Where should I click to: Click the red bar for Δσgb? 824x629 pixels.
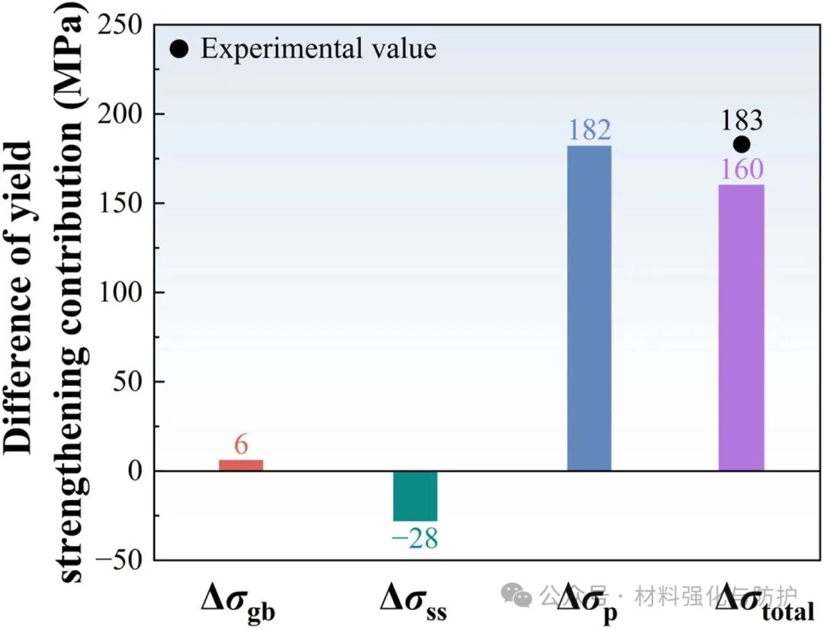[x=241, y=465]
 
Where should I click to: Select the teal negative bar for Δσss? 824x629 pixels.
[x=415, y=496]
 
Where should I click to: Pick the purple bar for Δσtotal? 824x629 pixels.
[x=741, y=327]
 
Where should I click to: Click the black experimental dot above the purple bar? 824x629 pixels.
[x=741, y=144]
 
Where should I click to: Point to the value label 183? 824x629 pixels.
[x=741, y=120]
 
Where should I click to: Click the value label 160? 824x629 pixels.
[x=741, y=169]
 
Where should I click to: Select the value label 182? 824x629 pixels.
[x=590, y=130]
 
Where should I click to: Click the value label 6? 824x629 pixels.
[x=241, y=445]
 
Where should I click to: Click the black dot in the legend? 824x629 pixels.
[x=179, y=50]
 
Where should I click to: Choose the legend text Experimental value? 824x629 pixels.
[x=318, y=50]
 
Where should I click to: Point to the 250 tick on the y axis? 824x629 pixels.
[x=123, y=25]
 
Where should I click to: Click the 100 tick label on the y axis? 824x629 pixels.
[x=123, y=293]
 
